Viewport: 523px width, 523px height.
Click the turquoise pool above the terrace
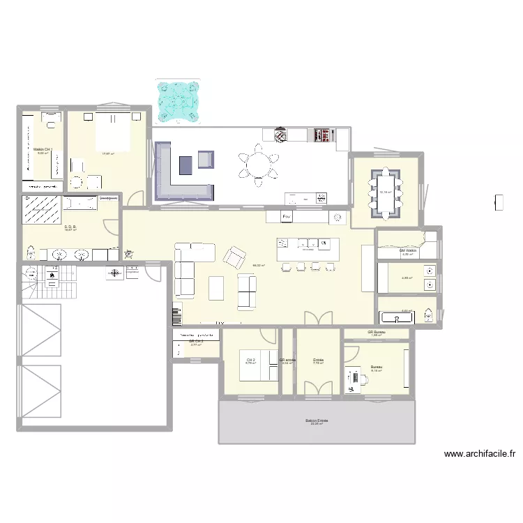click(x=180, y=100)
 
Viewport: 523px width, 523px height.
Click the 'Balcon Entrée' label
click(x=317, y=420)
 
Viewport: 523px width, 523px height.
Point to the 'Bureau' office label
click(x=376, y=367)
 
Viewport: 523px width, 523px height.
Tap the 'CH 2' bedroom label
click(x=250, y=360)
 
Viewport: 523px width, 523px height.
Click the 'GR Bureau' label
click(x=377, y=332)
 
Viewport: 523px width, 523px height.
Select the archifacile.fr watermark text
click(x=480, y=454)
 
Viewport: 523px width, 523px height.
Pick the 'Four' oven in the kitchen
click(x=287, y=218)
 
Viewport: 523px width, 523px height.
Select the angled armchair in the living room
click(x=234, y=255)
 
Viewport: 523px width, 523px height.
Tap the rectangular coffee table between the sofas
click(x=217, y=287)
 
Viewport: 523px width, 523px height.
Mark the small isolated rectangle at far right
click(x=499, y=202)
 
